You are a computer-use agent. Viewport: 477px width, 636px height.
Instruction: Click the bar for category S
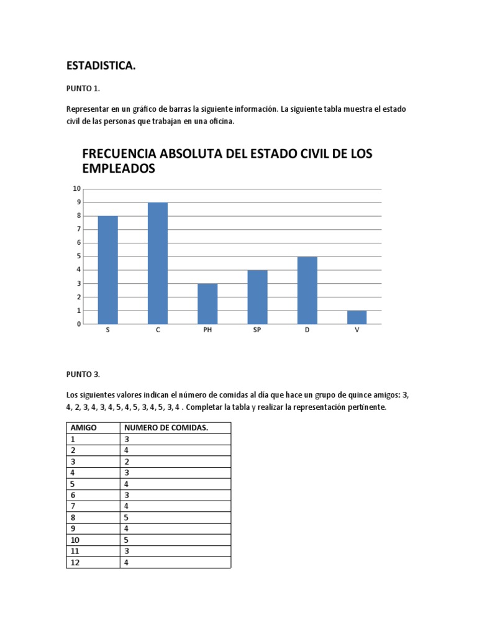(108, 270)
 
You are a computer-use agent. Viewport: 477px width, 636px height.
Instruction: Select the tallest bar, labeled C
(158, 263)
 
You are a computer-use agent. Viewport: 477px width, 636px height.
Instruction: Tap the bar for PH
(207, 304)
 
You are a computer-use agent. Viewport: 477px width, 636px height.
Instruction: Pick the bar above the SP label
(257, 297)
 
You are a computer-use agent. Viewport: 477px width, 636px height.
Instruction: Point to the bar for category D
(307, 290)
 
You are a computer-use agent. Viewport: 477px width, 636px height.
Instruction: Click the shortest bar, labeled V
(357, 317)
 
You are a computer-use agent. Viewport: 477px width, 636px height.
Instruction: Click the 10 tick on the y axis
(77, 189)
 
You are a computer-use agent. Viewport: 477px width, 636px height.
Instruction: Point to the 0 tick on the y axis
(78, 324)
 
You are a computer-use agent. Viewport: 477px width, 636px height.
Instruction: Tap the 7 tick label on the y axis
(78, 229)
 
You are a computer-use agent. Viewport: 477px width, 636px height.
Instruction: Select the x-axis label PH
(207, 330)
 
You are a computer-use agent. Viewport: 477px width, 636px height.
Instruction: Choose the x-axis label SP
(257, 330)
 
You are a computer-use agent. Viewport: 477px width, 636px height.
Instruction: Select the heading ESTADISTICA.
(101, 65)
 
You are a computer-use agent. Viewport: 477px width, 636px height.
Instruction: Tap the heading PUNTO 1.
(83, 89)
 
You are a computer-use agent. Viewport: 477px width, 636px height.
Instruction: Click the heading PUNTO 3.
(83, 374)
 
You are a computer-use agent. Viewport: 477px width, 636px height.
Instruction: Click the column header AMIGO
(84, 428)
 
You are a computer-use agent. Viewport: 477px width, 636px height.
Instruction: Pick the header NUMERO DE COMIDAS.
(166, 428)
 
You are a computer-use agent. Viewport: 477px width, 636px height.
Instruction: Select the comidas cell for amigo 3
(127, 461)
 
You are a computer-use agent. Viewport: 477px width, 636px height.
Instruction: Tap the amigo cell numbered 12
(76, 563)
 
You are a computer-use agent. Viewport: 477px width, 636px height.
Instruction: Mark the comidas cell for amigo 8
(127, 518)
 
